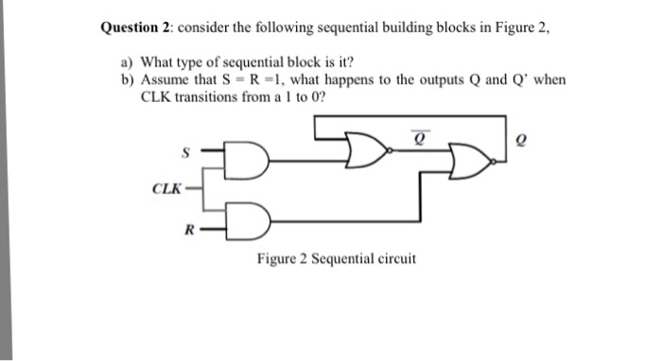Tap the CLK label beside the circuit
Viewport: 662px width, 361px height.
(x=166, y=188)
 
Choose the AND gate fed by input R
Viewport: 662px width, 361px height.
(x=249, y=218)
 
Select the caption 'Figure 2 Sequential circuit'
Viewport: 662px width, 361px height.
(x=336, y=259)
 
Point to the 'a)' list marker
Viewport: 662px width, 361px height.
(x=128, y=63)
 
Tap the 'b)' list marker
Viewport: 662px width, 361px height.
(x=128, y=80)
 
